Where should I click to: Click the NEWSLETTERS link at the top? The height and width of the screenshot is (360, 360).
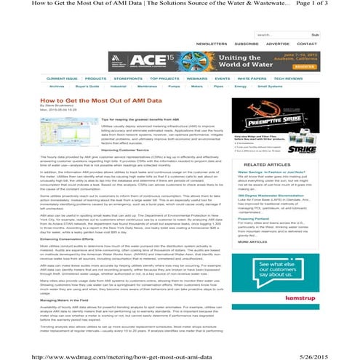(x=212, y=43)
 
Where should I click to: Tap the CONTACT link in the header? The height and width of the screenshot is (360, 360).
(x=308, y=43)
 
